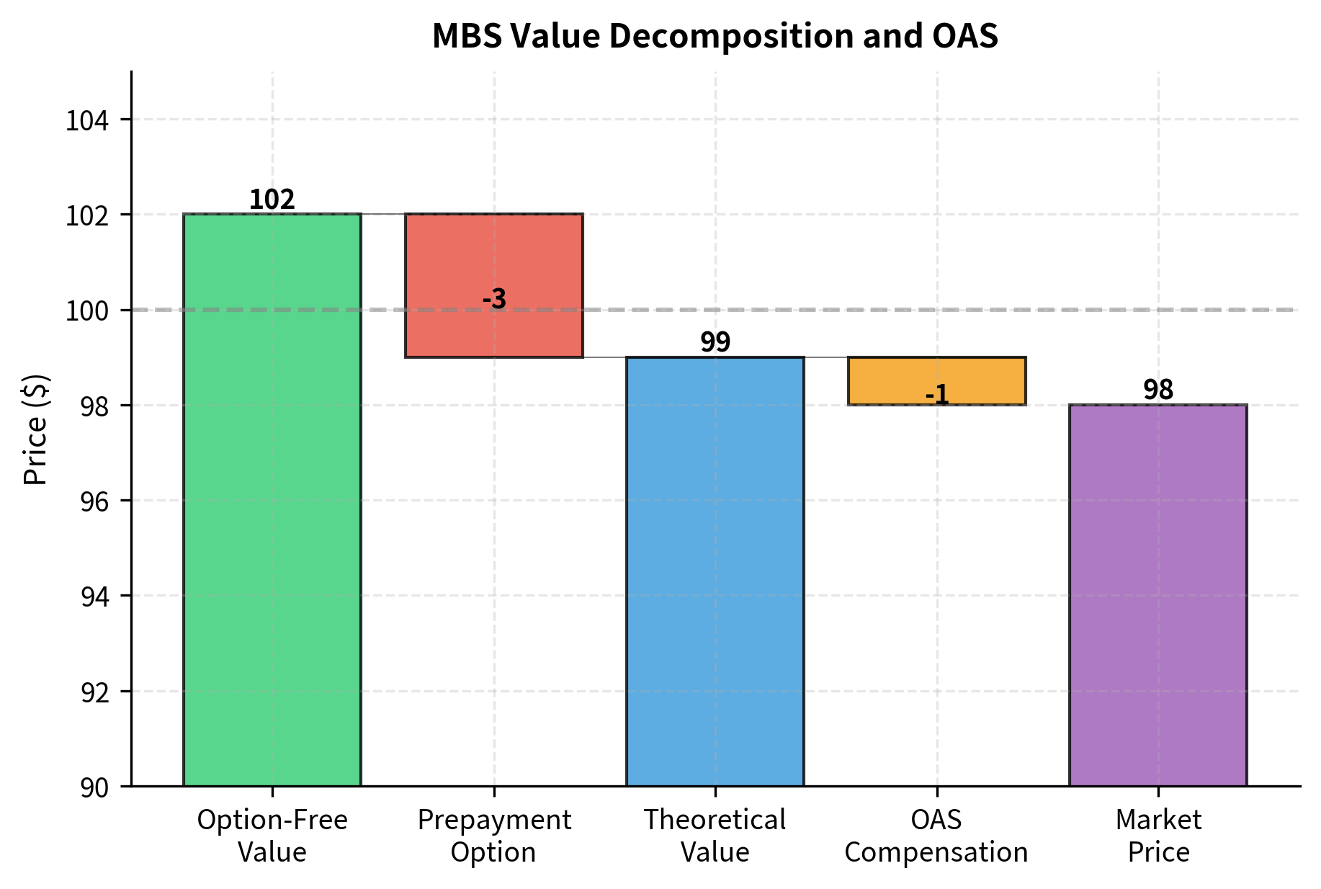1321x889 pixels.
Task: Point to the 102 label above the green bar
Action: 272,200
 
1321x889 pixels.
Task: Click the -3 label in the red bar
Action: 494,298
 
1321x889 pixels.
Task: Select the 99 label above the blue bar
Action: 715,342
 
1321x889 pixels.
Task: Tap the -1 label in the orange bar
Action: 937,394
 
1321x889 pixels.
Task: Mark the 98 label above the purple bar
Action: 1158,390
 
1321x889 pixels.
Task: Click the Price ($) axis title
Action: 35,429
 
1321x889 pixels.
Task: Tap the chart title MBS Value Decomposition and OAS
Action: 715,36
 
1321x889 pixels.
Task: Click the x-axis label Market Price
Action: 1158,836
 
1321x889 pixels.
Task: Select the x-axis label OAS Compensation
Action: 936,836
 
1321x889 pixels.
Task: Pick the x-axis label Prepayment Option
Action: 494,836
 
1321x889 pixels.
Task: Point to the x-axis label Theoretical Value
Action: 715,836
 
